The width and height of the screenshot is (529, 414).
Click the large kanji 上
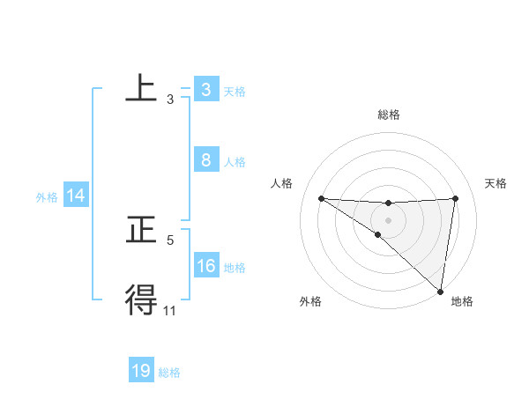click(x=141, y=89)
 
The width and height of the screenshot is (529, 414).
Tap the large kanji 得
click(x=141, y=300)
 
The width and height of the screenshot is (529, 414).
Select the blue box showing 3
click(x=205, y=90)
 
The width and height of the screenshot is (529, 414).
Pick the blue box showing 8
click(x=205, y=160)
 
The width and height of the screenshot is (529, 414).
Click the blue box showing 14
click(x=76, y=196)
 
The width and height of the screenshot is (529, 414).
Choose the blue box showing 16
click(x=205, y=266)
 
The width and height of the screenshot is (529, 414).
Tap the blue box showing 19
click(x=141, y=371)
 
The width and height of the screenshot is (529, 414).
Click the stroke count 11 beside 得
click(x=170, y=310)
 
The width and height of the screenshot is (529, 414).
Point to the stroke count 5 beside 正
click(x=170, y=240)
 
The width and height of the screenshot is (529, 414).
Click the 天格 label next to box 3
click(x=235, y=92)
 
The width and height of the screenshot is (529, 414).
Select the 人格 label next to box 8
click(x=235, y=162)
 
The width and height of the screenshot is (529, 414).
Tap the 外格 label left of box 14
click(x=47, y=198)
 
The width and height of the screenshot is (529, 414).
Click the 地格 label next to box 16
click(x=235, y=268)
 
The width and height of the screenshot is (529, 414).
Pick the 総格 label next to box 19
click(x=169, y=373)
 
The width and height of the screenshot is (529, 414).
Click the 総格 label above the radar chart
click(x=389, y=115)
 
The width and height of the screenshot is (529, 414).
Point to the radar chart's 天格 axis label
click(x=495, y=183)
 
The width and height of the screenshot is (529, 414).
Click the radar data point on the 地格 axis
click(x=440, y=292)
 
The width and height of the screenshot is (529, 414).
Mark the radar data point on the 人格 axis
click(x=321, y=198)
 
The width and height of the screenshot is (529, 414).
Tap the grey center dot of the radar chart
click(x=388, y=219)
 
